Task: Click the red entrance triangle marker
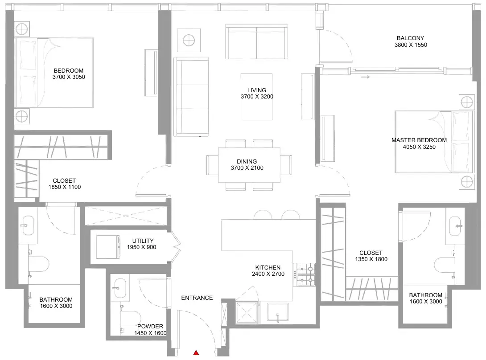tap(196, 352)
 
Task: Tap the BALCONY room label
tap(410, 38)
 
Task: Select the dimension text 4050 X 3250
tap(419, 147)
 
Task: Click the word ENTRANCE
tap(197, 298)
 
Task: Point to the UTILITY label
tap(143, 241)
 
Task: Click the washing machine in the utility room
tap(108, 247)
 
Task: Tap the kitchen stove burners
tap(306, 274)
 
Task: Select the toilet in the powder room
tap(130, 321)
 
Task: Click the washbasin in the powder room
tap(119, 288)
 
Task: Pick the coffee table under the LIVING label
tap(257, 97)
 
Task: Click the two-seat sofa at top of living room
tap(256, 41)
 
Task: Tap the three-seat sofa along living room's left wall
tap(191, 97)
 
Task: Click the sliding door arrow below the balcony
tap(366, 77)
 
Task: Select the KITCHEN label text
tap(268, 267)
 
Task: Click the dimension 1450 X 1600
tap(150, 333)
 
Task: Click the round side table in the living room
tap(189, 40)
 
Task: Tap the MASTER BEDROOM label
tap(419, 140)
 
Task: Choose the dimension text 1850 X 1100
tap(65, 187)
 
